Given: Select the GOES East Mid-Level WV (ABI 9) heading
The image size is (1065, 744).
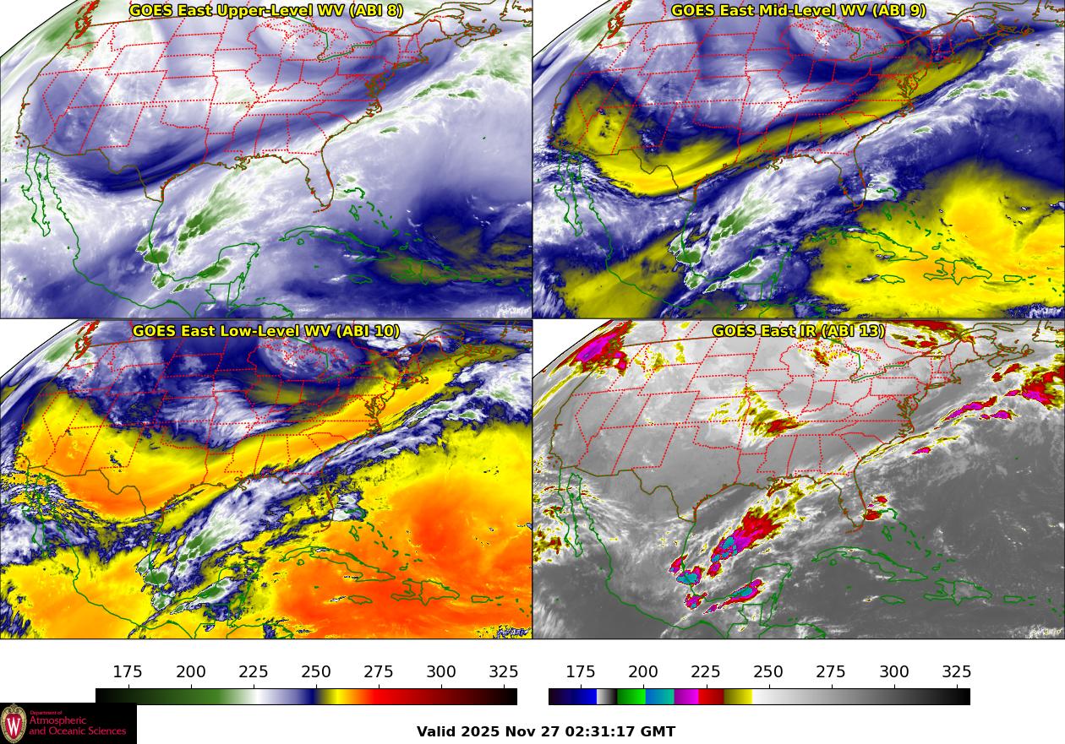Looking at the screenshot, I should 798,10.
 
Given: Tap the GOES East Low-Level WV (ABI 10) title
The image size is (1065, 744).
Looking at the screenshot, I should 265,331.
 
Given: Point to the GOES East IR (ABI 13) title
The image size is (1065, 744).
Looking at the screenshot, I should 798,331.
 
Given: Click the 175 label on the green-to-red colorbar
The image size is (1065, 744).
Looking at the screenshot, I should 128,672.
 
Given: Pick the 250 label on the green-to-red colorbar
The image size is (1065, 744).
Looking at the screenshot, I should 316,672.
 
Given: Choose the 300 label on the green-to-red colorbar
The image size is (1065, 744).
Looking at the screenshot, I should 441,672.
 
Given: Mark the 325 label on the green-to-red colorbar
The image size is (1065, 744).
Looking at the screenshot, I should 504,672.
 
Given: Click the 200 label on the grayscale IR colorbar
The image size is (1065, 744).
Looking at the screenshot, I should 643,672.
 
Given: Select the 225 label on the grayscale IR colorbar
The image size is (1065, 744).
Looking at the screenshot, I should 706,672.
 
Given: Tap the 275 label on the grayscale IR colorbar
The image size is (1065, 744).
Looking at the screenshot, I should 831,672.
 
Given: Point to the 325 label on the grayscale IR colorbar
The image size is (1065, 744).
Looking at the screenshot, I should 957,672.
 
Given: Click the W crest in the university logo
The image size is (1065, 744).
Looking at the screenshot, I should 14,724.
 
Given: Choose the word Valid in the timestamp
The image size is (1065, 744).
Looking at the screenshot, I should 436,732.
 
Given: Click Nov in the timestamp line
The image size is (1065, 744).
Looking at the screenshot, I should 517,732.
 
